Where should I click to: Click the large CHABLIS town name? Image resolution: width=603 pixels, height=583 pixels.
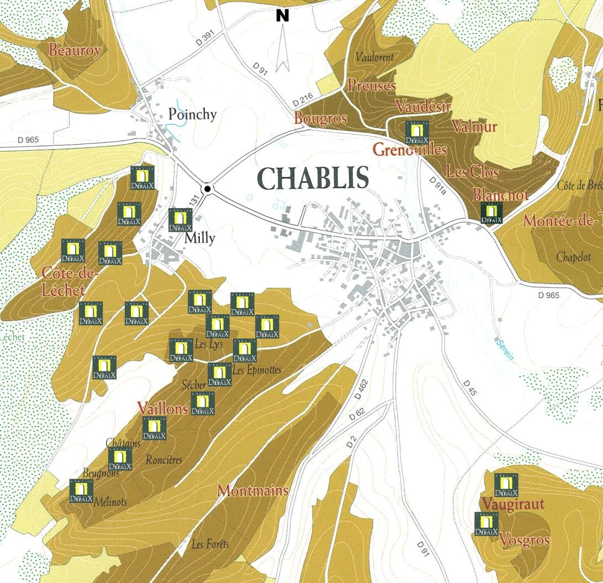click(313, 178)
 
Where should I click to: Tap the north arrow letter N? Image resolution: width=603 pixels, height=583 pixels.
click(283, 17)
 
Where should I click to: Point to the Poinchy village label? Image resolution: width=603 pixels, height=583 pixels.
click(192, 114)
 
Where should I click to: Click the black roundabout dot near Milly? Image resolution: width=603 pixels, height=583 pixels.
click(207, 189)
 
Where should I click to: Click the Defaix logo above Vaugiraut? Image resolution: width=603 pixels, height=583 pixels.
click(506, 485)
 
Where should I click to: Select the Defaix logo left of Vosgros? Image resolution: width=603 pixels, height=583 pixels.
click(486, 523)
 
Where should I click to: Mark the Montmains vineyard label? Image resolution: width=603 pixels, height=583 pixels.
click(253, 490)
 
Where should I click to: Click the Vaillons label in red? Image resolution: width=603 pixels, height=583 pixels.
click(163, 409)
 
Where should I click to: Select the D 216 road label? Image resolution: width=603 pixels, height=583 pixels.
click(303, 100)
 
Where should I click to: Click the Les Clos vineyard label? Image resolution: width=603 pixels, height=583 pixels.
click(472, 172)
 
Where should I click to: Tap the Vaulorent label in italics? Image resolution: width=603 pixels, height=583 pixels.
click(374, 57)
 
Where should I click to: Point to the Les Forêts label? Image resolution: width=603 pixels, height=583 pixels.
click(210, 544)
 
